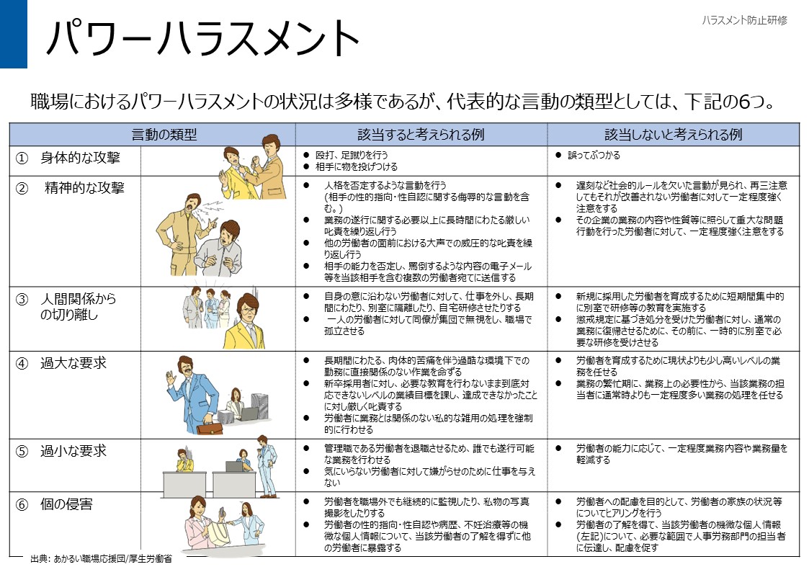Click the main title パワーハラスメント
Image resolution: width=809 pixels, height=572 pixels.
pyautogui.click(x=202, y=37)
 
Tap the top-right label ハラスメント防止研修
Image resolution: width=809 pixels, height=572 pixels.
pyautogui.click(x=744, y=20)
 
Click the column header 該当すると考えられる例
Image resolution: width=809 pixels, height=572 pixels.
pyautogui.click(x=421, y=135)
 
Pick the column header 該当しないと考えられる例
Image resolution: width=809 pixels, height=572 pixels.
pyautogui.click(x=673, y=135)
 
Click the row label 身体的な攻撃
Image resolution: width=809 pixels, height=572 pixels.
pyautogui.click(x=80, y=158)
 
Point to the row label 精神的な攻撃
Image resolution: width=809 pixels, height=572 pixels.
pyautogui.click(x=84, y=188)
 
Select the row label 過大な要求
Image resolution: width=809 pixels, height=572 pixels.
pyautogui.click(x=73, y=363)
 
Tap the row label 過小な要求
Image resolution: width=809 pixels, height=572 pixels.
pyautogui.click(x=73, y=451)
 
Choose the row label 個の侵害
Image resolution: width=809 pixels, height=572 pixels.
pyautogui.click(x=66, y=504)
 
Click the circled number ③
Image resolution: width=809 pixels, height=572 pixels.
pyautogui.click(x=22, y=299)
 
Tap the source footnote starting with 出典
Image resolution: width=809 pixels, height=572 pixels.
pyautogui.click(x=101, y=559)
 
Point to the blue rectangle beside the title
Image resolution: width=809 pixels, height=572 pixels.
pyautogui.click(x=13, y=34)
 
